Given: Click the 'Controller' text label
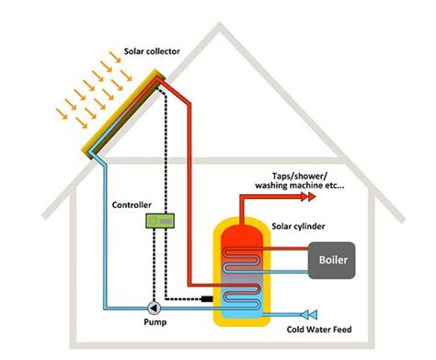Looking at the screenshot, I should (132, 204).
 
